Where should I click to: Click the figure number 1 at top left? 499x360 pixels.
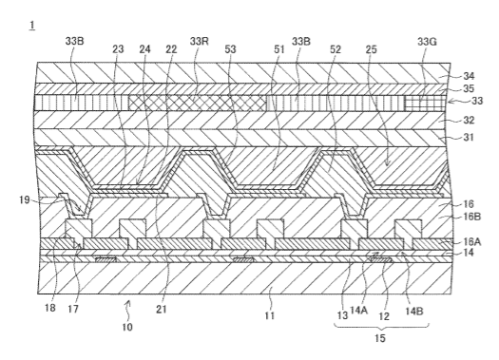tap(31, 26)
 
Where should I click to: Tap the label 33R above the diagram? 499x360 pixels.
tap(200, 42)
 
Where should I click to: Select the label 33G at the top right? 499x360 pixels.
tap(427, 42)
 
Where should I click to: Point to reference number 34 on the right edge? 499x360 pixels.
tap(469, 76)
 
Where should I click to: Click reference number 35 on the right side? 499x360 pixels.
tap(469, 88)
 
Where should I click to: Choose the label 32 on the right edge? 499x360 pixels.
tap(469, 121)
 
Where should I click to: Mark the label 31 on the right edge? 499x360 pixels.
tap(469, 138)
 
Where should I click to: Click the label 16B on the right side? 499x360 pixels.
tap(472, 217)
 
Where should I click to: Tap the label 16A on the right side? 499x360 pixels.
tap(472, 242)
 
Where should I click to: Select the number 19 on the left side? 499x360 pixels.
tap(25, 200)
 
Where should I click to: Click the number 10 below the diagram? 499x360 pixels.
tap(127, 327)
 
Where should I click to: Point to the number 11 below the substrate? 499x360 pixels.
tap(269, 315)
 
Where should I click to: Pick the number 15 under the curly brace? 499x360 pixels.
tap(380, 338)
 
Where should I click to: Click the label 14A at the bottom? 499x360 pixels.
tap(358, 310)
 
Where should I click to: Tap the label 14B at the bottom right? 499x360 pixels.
tap(414, 311)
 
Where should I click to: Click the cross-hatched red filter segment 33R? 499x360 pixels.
tap(198, 104)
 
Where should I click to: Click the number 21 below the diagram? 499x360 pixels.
tap(162, 309)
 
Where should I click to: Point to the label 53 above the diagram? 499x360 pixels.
tap(230, 49)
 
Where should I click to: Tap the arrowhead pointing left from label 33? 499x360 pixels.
tap(450, 102)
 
